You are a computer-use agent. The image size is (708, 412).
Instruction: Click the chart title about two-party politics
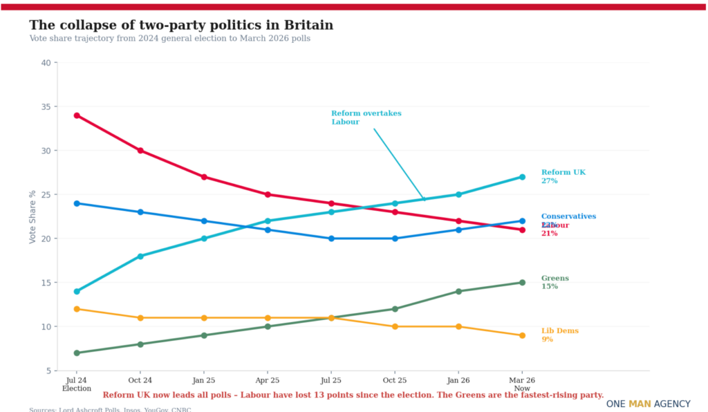click(x=181, y=25)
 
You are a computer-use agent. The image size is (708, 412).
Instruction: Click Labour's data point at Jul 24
click(x=77, y=115)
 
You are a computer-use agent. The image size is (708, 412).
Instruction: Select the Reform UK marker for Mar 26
click(x=522, y=177)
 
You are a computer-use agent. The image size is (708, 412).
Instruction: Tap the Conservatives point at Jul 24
click(x=77, y=203)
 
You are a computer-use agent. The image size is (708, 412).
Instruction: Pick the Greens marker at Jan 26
click(x=458, y=291)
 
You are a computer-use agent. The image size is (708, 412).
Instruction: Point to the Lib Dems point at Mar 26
click(x=522, y=335)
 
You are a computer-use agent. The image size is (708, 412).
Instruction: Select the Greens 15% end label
click(x=555, y=282)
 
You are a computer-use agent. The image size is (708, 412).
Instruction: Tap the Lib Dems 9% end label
click(x=559, y=335)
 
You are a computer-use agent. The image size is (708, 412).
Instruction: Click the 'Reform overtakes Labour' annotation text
click(x=366, y=118)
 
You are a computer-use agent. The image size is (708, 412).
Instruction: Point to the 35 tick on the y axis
click(x=46, y=106)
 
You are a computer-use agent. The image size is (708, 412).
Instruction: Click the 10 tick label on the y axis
click(x=46, y=326)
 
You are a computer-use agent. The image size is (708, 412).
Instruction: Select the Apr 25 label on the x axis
click(x=268, y=380)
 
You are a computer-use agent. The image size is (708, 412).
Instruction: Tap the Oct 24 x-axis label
click(x=140, y=380)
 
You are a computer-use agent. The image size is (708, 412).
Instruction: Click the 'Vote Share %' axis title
click(x=32, y=216)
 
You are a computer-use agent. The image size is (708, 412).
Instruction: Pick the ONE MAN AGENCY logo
click(x=648, y=404)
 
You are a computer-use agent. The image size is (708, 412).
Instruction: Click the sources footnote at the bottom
click(x=110, y=409)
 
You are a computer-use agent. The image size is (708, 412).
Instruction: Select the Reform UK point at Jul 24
click(x=77, y=291)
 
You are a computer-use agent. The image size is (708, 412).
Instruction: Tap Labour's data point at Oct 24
click(x=140, y=151)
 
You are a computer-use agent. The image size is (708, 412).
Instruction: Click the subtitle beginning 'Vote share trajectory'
click(x=169, y=39)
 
